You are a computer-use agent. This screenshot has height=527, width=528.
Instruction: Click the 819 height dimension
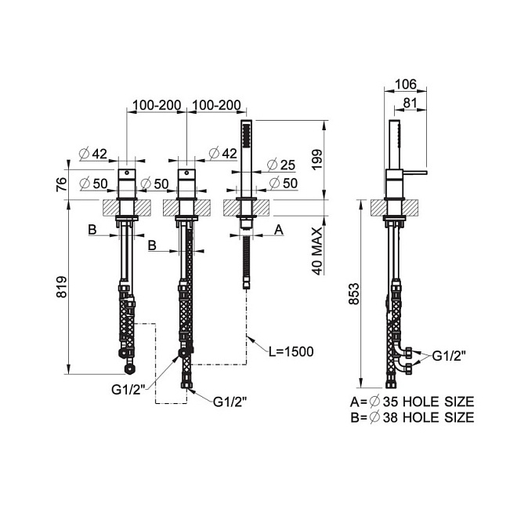pos(62,287)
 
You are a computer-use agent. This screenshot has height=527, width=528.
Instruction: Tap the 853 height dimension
pos(354,294)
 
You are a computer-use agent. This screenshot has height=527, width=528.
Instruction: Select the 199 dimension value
pos(316,160)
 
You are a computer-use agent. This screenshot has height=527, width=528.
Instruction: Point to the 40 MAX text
pos(317,252)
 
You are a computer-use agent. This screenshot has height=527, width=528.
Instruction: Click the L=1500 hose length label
pos(291,351)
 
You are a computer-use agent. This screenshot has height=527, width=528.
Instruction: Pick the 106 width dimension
pos(406,84)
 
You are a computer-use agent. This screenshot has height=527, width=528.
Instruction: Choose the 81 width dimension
pos(410,103)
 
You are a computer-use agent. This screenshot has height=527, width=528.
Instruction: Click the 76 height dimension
pos(62,184)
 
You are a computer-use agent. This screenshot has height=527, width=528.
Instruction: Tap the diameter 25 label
pos(280,165)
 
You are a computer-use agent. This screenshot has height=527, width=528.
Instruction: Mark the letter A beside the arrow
pos(279,230)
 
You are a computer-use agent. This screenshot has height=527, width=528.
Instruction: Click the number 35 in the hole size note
pos(390,402)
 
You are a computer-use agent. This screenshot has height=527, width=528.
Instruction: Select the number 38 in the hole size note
pos(390,417)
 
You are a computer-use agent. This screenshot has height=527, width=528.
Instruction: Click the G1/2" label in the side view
pos(449,356)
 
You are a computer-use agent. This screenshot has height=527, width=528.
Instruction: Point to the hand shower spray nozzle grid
pos(246,135)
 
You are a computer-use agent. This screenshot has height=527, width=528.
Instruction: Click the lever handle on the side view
pos(414,173)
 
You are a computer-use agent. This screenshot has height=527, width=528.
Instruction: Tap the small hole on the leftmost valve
pos(127,173)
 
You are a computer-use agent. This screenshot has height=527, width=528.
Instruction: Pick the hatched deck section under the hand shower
pos(246,208)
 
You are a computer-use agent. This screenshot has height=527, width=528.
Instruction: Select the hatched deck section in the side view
pos(394,208)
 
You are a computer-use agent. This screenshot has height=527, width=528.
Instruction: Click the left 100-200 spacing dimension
pos(157,105)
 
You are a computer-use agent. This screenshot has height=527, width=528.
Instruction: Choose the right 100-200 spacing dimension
pos(216,105)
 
